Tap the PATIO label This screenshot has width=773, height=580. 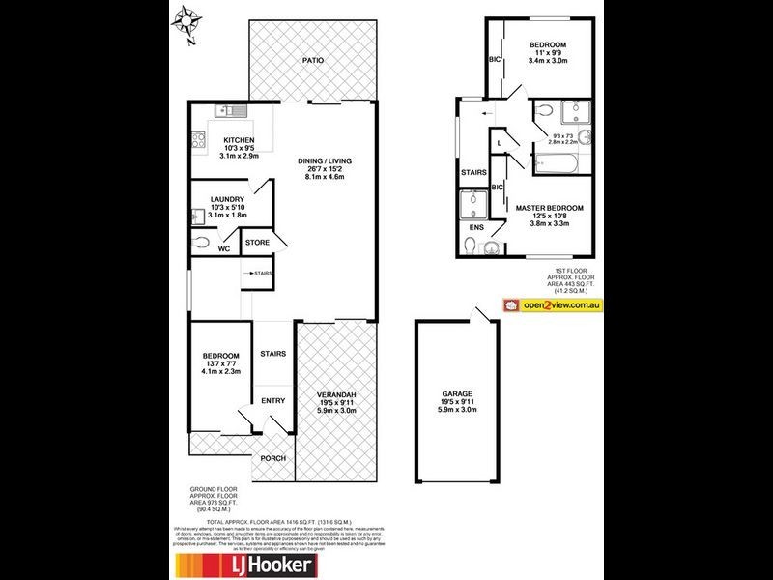click(311, 60)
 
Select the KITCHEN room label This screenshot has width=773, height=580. click(239, 140)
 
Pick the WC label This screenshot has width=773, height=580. click(223, 249)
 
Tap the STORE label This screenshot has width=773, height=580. click(256, 242)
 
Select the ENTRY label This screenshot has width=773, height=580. click(272, 401)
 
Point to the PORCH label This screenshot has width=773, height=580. click(273, 458)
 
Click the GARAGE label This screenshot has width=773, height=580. click(458, 394)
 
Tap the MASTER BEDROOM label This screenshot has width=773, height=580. click(549, 208)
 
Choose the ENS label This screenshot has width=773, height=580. click(476, 228)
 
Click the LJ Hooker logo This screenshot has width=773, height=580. click(243, 565)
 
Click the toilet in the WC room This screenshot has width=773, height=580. click(202, 243)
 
